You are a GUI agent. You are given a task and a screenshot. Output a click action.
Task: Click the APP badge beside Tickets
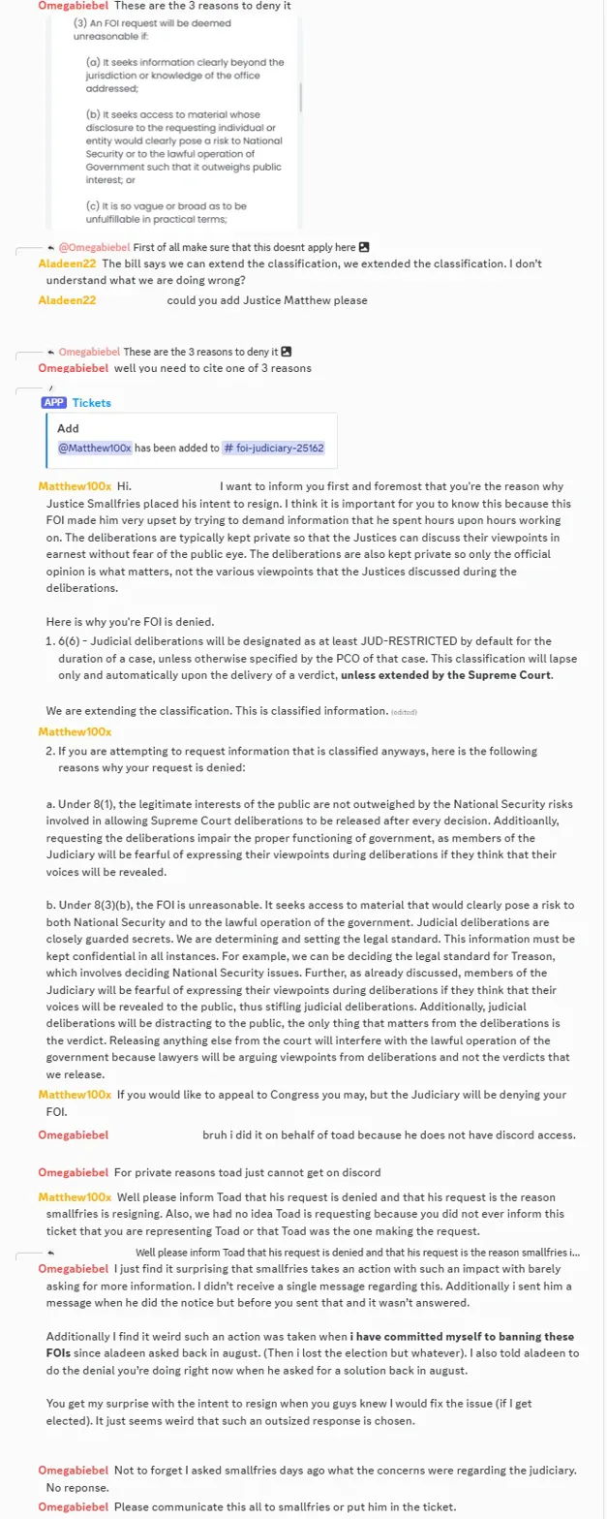pos(53,402)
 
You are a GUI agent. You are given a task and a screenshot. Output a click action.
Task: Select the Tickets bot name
pos(92,402)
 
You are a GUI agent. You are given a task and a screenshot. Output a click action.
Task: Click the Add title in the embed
pos(68,428)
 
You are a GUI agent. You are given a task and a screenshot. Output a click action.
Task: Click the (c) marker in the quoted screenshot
pos(93,205)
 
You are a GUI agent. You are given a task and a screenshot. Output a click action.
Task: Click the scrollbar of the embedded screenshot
pos(299,97)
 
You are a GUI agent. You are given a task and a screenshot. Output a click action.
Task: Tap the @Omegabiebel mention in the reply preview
pos(94,247)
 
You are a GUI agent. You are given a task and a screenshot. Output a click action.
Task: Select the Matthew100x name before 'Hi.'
pos(75,485)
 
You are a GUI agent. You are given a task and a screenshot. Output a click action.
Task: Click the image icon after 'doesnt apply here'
pos(364,247)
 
